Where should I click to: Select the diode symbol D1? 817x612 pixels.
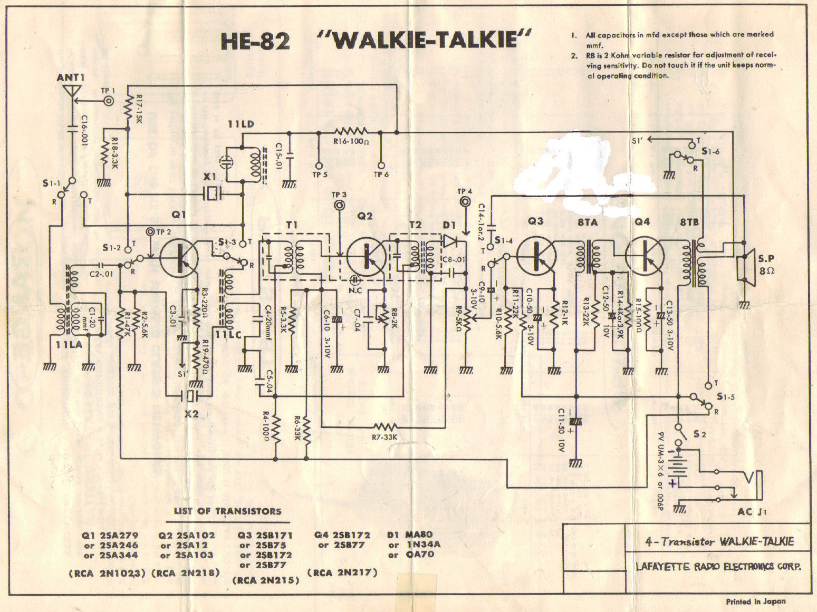(x=450, y=241)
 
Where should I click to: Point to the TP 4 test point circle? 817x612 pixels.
(x=465, y=201)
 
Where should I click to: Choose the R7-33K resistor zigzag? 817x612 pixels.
(x=385, y=426)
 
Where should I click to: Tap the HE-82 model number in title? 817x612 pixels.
(x=255, y=41)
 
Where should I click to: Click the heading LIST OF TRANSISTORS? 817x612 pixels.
(x=227, y=511)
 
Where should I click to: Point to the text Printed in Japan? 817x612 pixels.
(x=755, y=601)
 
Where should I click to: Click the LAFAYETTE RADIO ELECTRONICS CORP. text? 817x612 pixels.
(x=718, y=567)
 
